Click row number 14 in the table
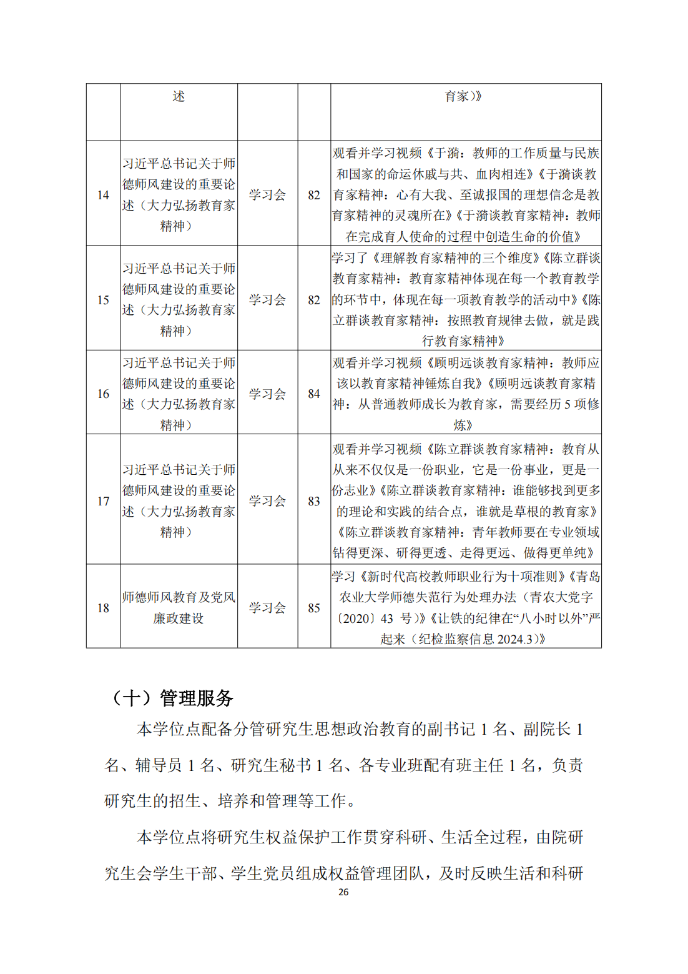103,195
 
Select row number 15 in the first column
103,300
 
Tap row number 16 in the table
103,394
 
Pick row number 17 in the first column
103,501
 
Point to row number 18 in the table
103,608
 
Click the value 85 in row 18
314,608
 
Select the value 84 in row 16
314,394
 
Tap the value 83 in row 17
314,501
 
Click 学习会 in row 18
267,608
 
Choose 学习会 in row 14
267,195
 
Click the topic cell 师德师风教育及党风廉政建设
179,608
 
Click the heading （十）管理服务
171,698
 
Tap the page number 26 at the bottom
343,892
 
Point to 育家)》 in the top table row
463,96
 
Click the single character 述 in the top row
179,96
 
